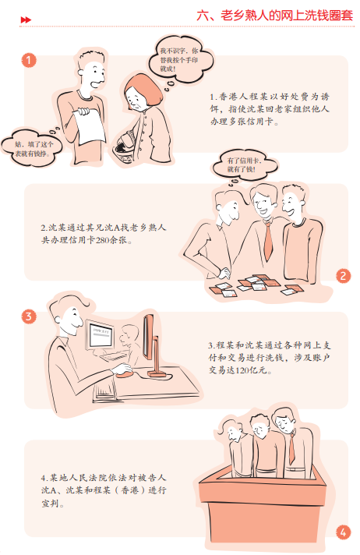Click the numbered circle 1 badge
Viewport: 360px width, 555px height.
coord(29,60)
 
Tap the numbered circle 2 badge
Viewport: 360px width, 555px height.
coord(343,276)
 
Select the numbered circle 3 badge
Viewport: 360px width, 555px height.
coord(29,316)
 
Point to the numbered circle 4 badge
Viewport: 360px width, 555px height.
coord(343,532)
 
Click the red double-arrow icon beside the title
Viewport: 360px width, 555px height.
coord(26,19)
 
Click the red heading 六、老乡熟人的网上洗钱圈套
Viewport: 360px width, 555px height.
coord(275,16)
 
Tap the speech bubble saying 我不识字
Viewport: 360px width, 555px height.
coord(181,58)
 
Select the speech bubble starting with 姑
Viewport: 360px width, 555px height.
coord(33,149)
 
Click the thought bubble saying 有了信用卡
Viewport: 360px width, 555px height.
coord(245,165)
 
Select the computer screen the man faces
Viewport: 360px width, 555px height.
coord(101,335)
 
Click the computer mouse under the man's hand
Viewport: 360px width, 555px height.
coord(124,374)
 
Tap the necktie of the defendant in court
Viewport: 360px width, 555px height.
coord(291,447)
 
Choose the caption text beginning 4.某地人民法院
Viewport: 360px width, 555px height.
coord(104,490)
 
